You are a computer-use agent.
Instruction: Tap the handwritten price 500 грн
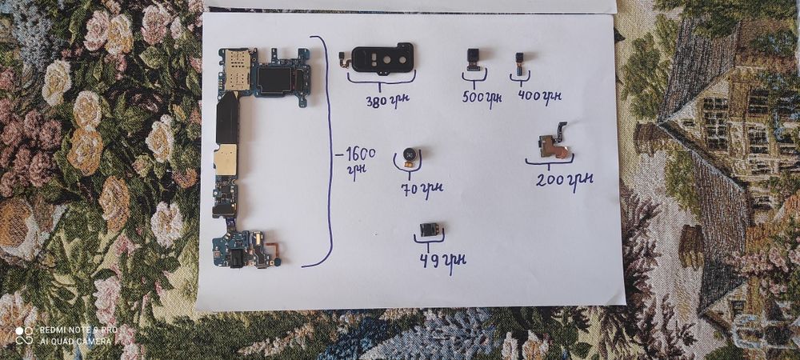(x=482, y=97)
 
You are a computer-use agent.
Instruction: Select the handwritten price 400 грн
(x=539, y=95)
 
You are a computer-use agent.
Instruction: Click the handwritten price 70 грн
(x=422, y=189)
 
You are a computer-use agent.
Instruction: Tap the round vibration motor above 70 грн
(x=410, y=154)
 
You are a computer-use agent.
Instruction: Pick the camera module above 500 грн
(x=473, y=59)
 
